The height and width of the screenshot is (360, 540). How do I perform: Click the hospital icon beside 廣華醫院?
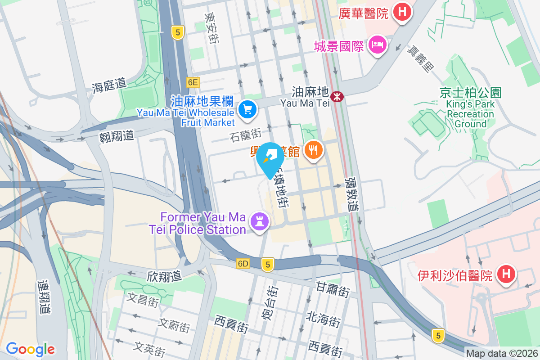pyautogui.click(x=402, y=11)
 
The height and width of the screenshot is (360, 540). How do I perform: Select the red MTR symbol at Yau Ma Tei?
pyautogui.click(x=337, y=96)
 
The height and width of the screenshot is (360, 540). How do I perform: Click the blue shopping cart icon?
pyautogui.click(x=247, y=109)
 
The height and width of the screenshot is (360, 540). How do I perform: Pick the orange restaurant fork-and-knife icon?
pyautogui.click(x=313, y=149)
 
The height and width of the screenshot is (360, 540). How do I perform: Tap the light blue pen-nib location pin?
pyautogui.click(x=270, y=157)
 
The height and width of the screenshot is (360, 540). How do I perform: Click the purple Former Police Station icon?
pyautogui.click(x=259, y=221)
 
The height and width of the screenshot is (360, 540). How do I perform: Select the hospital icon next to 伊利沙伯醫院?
pyautogui.click(x=506, y=273)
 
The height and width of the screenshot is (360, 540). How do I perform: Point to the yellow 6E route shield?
pyautogui.click(x=193, y=82)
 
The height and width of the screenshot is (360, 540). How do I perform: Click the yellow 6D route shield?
pyautogui.click(x=243, y=264)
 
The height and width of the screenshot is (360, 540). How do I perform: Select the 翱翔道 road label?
pyautogui.click(x=117, y=135)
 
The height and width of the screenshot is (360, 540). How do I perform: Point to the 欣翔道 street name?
pyautogui.click(x=164, y=276)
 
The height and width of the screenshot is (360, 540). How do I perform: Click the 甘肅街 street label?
pyautogui.click(x=332, y=289)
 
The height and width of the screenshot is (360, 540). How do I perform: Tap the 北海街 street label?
pyautogui.click(x=323, y=319)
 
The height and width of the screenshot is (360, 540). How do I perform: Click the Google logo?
pyautogui.click(x=30, y=349)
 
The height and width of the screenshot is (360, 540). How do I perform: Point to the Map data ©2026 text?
pyautogui.click(x=502, y=354)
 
